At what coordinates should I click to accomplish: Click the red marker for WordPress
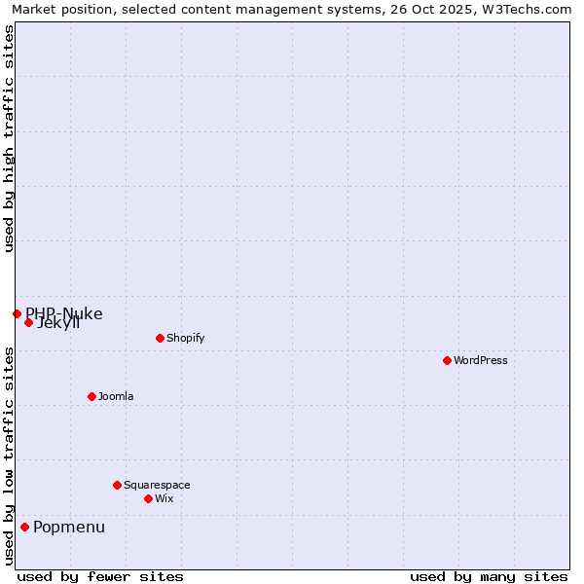(447, 360)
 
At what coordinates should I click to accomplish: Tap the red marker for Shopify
(160, 338)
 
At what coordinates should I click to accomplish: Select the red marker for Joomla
(91, 396)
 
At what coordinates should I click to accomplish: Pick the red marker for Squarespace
(117, 485)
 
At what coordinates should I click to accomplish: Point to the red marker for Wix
(148, 498)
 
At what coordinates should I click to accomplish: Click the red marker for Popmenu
(24, 527)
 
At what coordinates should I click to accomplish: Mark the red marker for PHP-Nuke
(17, 313)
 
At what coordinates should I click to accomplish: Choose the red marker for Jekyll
(28, 322)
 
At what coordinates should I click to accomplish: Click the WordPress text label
(481, 360)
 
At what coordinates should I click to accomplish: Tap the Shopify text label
(185, 338)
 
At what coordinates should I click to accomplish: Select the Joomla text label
(116, 396)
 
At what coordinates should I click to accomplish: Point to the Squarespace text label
(157, 485)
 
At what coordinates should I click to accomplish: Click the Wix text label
(164, 498)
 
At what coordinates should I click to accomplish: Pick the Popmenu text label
(69, 527)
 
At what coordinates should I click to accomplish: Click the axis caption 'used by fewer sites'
(100, 576)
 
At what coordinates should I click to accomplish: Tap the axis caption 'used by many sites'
(489, 576)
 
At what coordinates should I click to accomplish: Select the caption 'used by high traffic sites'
(9, 138)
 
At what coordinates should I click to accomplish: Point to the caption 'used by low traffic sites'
(9, 456)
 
